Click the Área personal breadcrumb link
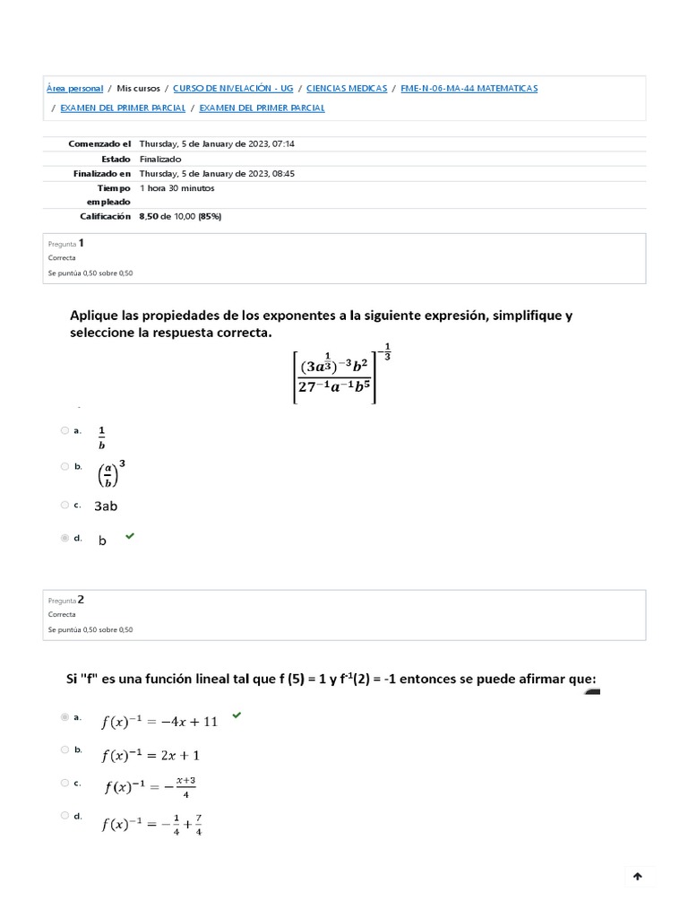(x=74, y=89)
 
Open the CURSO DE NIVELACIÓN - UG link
(x=232, y=89)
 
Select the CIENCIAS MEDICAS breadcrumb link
(x=347, y=89)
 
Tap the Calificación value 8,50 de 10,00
(x=180, y=216)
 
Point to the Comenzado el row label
(x=99, y=143)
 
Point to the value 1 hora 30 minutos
(x=176, y=188)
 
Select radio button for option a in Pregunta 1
(x=64, y=430)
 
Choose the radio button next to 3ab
(x=64, y=505)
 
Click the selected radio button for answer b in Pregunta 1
(x=64, y=538)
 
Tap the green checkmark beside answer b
(x=130, y=536)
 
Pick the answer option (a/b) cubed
(x=111, y=472)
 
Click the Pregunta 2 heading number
(x=81, y=599)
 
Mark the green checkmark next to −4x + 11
(x=236, y=715)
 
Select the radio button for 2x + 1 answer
(x=64, y=749)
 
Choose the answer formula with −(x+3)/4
(x=150, y=786)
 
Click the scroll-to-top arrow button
(x=637, y=877)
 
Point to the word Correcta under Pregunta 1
(x=62, y=257)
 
